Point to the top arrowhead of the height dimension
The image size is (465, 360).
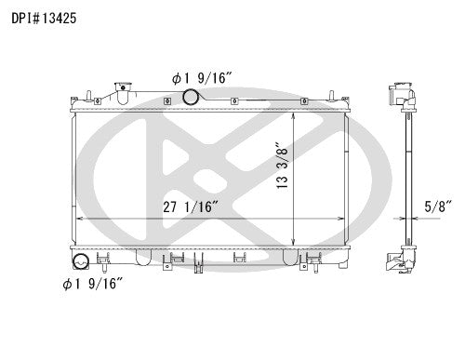tap(297, 109)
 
